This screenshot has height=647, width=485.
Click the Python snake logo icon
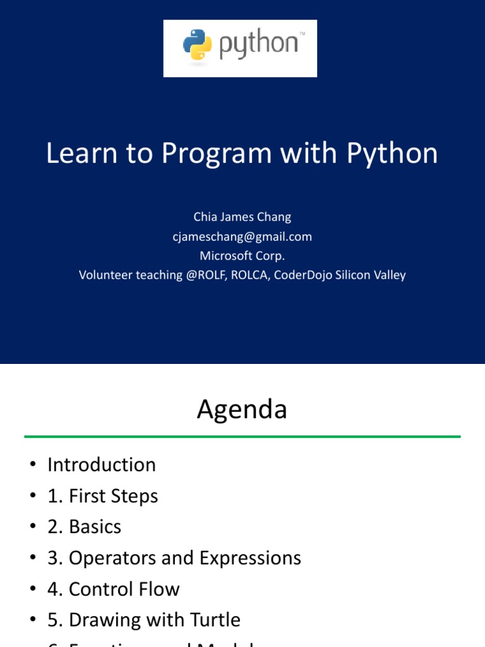click(x=198, y=46)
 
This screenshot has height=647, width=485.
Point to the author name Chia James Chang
click(x=242, y=217)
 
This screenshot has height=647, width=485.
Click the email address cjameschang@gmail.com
click(x=242, y=236)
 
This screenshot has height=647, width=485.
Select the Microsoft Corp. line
click(x=242, y=255)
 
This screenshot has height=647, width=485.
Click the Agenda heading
click(x=242, y=409)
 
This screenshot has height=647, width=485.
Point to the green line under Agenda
click(x=242, y=436)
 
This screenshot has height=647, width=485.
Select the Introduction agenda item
click(x=101, y=465)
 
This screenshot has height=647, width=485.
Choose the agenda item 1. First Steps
click(x=102, y=496)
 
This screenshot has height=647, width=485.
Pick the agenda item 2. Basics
click(x=84, y=527)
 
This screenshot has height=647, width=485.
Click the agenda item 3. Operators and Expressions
click(x=174, y=558)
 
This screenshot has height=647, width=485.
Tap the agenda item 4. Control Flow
click(x=113, y=589)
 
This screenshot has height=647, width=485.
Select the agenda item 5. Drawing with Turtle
click(x=143, y=620)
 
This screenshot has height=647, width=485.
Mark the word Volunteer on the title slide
click(x=104, y=275)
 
